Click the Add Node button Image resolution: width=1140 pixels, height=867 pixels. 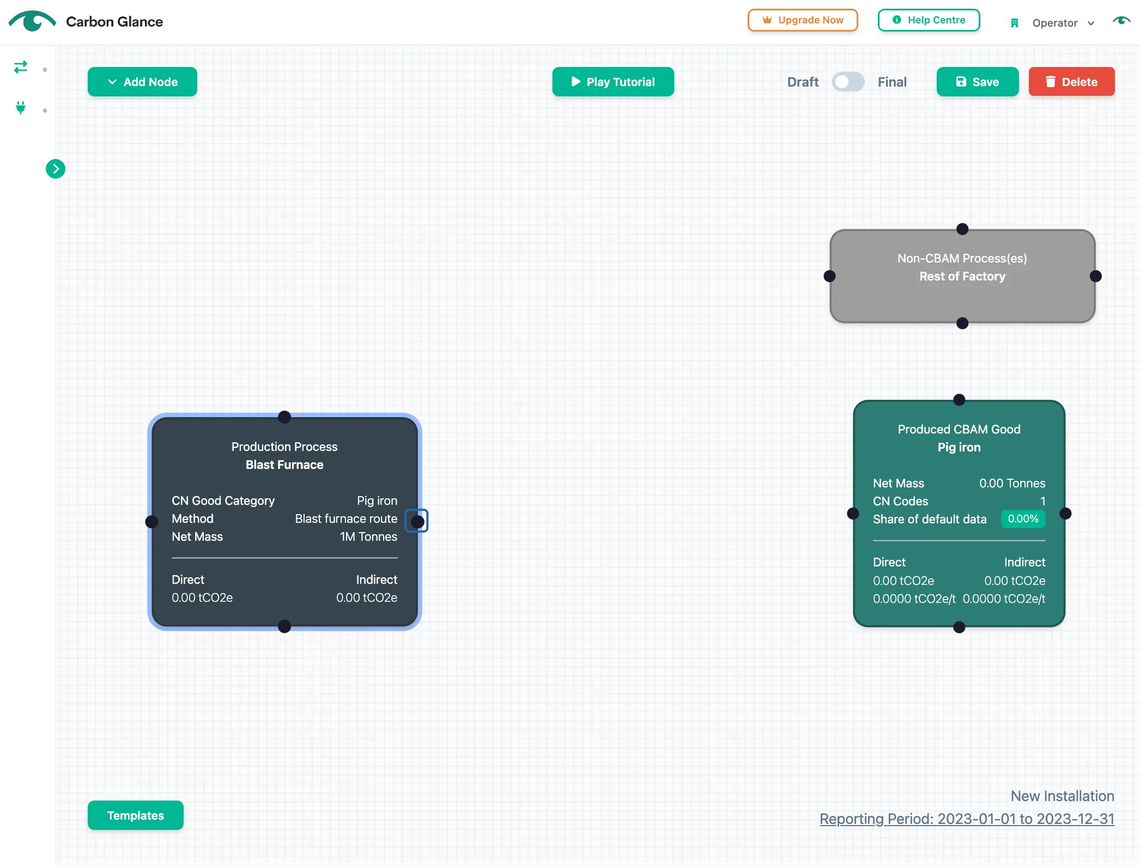142,82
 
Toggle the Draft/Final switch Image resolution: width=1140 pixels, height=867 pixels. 848,82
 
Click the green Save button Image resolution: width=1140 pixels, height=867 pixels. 978,82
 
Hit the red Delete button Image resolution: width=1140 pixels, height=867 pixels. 1071,82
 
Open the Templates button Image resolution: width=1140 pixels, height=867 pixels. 136,815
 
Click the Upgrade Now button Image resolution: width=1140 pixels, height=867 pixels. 803,20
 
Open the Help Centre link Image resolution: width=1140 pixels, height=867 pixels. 929,20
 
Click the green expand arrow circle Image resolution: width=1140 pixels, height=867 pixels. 56,169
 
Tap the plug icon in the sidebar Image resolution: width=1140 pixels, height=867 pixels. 21,108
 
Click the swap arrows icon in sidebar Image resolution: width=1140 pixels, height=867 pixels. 21,67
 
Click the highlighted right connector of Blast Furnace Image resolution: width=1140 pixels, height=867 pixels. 417,521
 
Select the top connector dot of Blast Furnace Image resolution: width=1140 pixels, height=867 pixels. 284,417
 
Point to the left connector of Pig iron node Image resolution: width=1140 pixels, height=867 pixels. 853,514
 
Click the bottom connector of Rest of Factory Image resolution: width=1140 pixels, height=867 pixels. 963,323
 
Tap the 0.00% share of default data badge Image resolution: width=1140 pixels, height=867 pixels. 1023,519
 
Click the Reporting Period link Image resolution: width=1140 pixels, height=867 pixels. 967,819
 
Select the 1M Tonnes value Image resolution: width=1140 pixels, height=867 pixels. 369,536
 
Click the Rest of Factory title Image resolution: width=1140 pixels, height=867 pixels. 963,277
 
